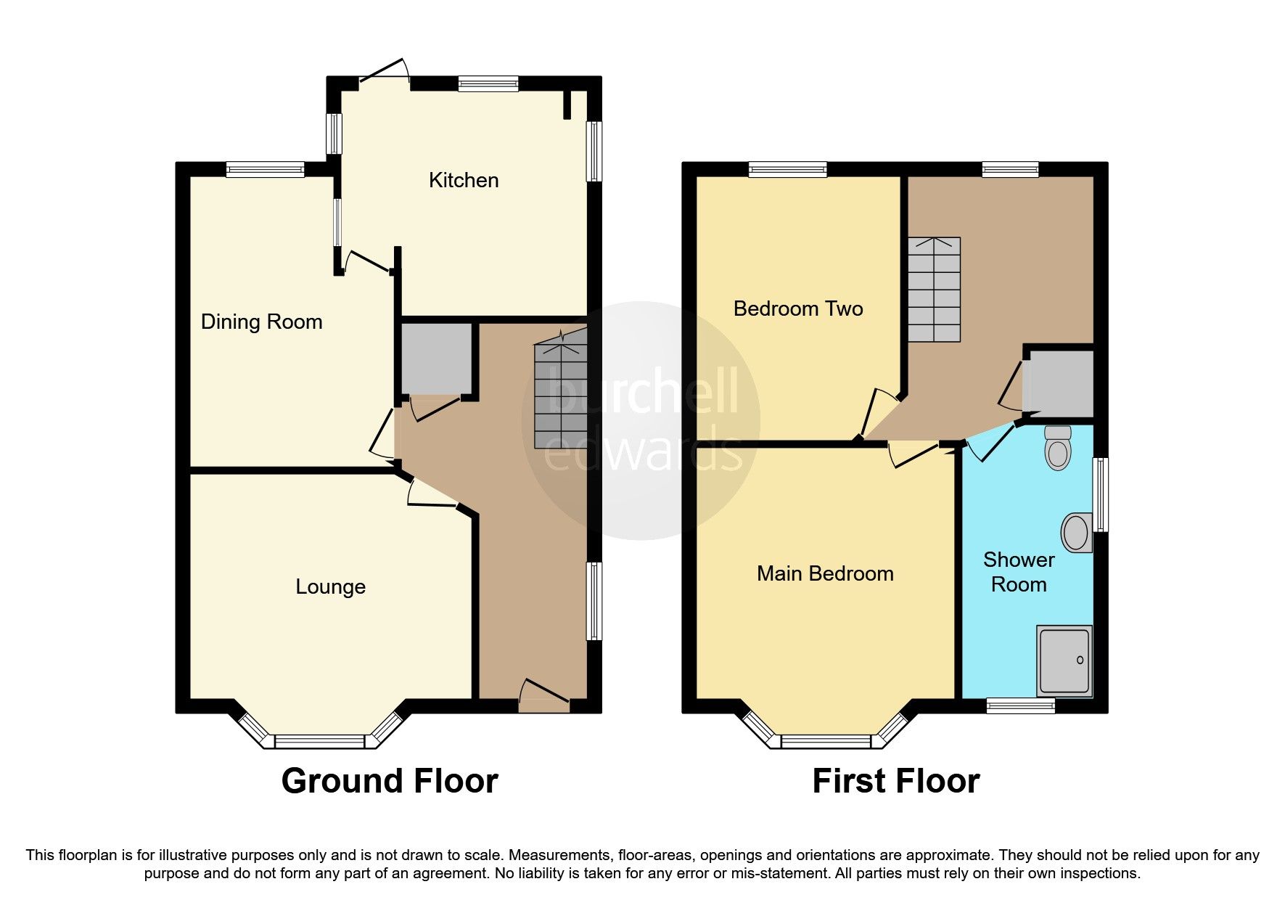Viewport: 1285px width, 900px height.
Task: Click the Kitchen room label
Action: tap(464, 180)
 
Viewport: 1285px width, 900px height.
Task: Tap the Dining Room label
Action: tap(261, 322)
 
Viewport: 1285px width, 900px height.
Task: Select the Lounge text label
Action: tap(330, 586)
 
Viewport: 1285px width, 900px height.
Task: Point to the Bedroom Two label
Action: tap(798, 308)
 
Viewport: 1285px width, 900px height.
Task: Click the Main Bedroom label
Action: tap(825, 573)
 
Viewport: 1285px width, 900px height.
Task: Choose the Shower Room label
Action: tap(1019, 572)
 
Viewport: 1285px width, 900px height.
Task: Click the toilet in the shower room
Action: tap(1058, 448)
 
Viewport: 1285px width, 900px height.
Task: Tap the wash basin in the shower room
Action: tap(1077, 533)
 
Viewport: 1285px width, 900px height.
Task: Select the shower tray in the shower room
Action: tap(1064, 660)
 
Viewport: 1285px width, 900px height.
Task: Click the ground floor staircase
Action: tap(560, 396)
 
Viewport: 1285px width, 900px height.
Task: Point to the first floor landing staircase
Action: tap(935, 290)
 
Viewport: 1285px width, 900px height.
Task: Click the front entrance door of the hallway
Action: tap(544, 698)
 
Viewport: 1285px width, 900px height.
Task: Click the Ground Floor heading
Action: tap(390, 781)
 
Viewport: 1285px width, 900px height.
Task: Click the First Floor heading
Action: tap(895, 781)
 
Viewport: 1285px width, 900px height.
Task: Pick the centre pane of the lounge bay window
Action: tap(319, 741)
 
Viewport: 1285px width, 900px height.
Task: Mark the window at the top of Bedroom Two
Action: tap(787, 170)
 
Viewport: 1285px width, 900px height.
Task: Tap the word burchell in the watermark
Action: tap(642, 392)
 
